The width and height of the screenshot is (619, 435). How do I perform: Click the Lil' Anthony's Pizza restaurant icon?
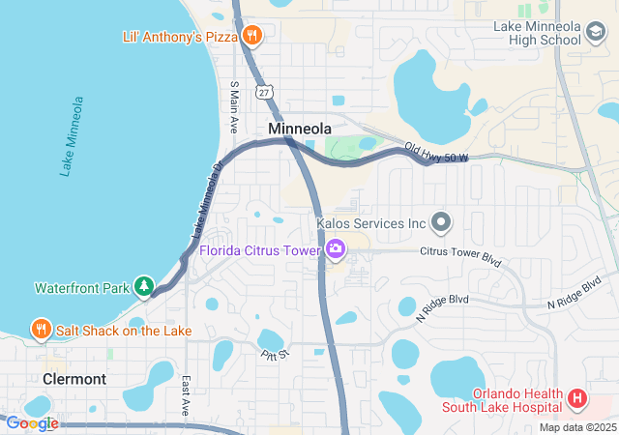point(251,36)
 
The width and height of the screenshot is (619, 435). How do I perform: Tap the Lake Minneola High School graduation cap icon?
point(596,35)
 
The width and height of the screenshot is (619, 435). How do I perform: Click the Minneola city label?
point(300,129)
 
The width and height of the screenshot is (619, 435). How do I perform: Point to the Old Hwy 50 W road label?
point(435,153)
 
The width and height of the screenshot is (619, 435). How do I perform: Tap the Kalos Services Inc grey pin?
point(441,223)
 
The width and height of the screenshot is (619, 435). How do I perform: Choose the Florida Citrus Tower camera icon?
point(336,250)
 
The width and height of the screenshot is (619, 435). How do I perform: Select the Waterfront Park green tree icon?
point(144,286)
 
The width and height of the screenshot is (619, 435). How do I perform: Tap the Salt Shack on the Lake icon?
point(41,330)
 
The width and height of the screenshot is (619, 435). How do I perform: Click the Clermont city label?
point(74,379)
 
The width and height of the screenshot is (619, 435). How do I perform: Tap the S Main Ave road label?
point(234,106)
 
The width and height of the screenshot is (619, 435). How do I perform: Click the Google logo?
point(32,423)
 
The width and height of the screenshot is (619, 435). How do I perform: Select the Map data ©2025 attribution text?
point(576,427)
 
